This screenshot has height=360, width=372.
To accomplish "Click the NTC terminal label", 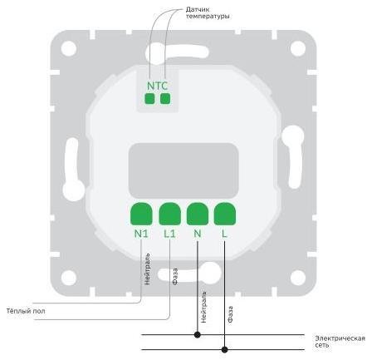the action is (x=157, y=86).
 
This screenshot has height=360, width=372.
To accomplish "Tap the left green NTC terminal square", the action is (x=149, y=98).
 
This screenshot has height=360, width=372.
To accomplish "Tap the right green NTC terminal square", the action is (x=165, y=98).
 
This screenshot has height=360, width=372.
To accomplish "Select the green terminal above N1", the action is (x=141, y=214).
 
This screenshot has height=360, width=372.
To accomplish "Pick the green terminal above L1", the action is (x=169, y=214).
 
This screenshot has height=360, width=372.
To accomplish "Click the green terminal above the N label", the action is (x=198, y=214).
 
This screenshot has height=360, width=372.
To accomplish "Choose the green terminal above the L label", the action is (x=225, y=214).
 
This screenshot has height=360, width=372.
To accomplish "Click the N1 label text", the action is (x=141, y=234).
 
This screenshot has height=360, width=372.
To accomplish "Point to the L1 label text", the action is (x=169, y=234).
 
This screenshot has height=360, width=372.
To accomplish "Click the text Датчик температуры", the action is (x=208, y=12).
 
